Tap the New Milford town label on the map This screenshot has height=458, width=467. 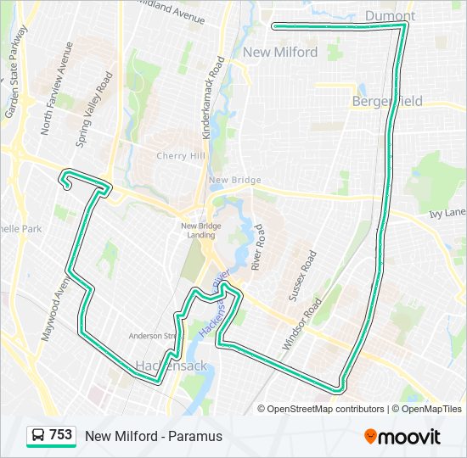[x=280, y=53]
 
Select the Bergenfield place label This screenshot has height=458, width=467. [x=387, y=102]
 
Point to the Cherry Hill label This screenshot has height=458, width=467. [x=181, y=156]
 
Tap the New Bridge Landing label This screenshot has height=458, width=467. [x=200, y=231]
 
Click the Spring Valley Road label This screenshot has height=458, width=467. [x=94, y=110]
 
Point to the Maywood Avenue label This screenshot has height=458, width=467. [x=53, y=306]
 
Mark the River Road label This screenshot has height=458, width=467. [x=259, y=247]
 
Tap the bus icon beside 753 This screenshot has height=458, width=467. [x=38, y=436]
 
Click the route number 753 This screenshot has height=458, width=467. [x=60, y=435]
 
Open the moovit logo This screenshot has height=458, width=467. [x=402, y=437]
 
